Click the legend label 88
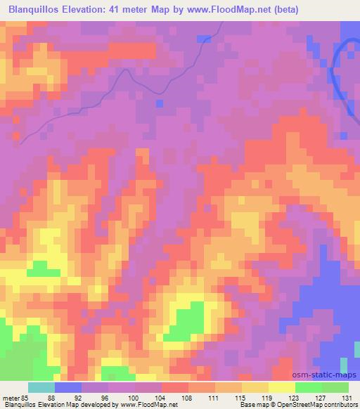53,398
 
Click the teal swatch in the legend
41,387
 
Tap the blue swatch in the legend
67,387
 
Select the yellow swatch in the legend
281,387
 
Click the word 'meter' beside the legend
11,398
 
